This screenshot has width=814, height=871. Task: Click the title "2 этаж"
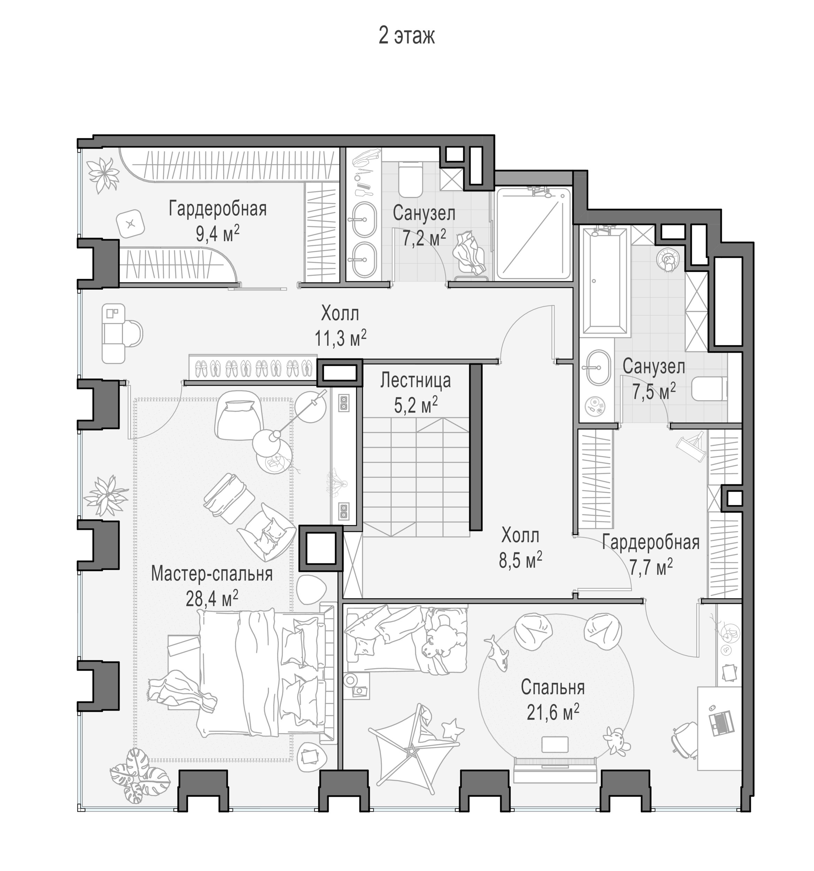point(406,36)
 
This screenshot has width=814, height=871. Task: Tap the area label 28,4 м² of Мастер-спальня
point(212,599)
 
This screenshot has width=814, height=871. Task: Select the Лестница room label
point(415,380)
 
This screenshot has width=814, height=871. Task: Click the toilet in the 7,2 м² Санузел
point(410,179)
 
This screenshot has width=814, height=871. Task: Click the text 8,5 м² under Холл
point(520,560)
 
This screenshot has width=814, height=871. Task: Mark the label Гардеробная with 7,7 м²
point(651,542)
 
